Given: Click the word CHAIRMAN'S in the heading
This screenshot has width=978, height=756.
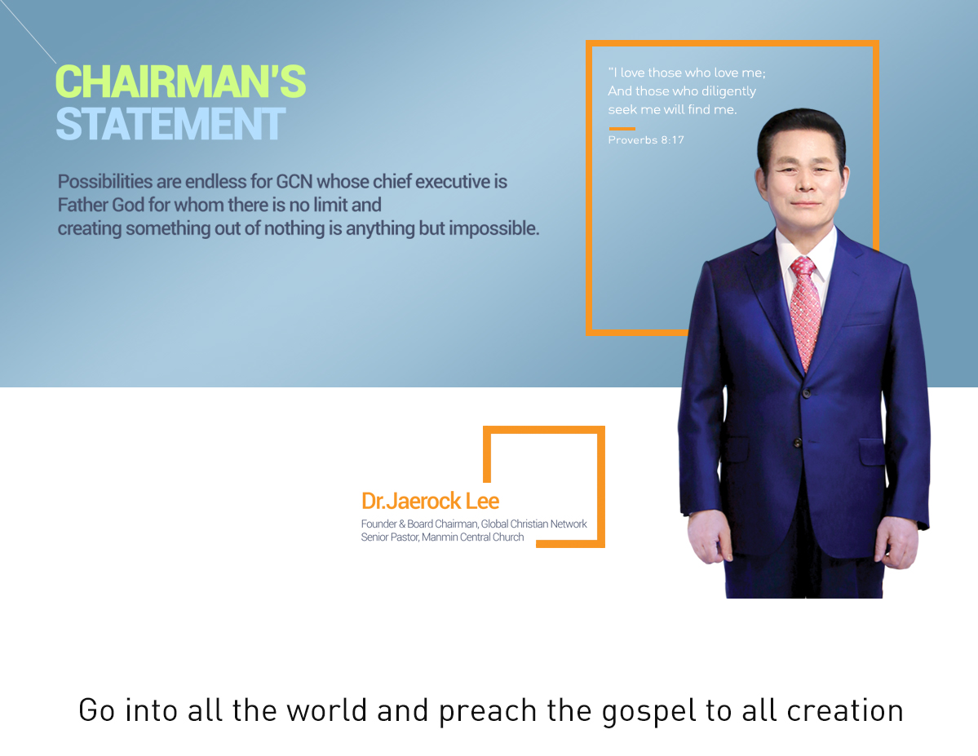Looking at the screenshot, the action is click(x=181, y=82).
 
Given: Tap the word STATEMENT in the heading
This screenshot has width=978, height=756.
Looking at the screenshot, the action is click(x=171, y=124).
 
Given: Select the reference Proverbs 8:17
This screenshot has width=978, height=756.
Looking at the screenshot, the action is click(x=646, y=139).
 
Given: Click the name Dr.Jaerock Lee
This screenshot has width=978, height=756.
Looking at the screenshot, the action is click(x=431, y=501).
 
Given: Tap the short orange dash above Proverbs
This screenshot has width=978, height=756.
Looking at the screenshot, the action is click(x=622, y=129).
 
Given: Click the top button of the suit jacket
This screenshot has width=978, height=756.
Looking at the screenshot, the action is click(x=807, y=393).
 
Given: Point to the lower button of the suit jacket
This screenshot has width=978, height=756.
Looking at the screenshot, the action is click(x=797, y=443).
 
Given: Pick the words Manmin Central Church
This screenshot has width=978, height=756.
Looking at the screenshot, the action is click(x=473, y=537).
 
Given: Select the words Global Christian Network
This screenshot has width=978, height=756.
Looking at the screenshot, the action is click(x=534, y=524).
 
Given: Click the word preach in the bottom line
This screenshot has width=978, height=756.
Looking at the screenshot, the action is click(x=488, y=711).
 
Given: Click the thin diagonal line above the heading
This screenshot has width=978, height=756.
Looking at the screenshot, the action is click(x=28, y=32).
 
